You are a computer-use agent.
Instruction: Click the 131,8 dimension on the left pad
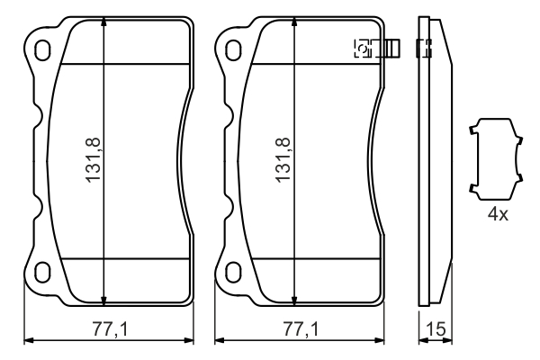point(94,160)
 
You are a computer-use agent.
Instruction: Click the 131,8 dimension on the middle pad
point(283,160)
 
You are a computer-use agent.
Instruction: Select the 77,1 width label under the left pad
point(110,328)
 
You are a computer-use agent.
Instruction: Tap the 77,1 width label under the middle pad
point(301,328)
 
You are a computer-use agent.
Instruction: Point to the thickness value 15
point(436,329)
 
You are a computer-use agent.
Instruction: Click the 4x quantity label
point(498,214)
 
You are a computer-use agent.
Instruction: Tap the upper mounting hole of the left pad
point(42,50)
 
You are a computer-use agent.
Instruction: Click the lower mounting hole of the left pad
point(42,272)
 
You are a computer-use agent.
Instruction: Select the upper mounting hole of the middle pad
point(233,50)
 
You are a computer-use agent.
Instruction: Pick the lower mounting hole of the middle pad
point(233,272)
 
